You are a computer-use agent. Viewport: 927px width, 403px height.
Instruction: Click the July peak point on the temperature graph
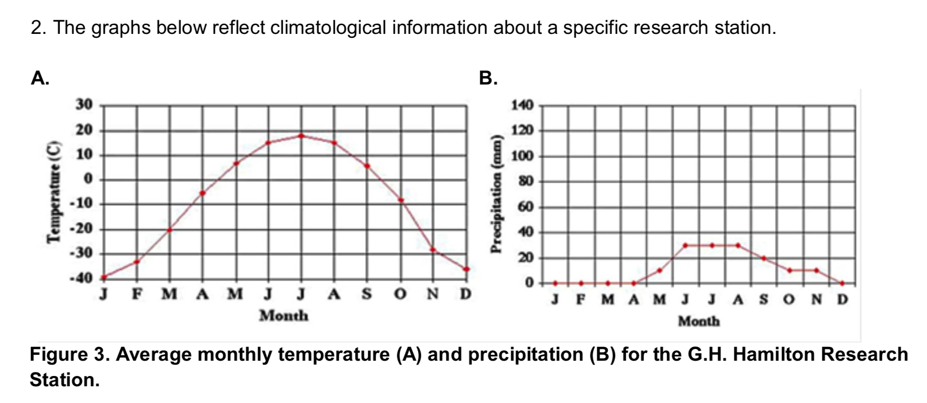tap(301, 136)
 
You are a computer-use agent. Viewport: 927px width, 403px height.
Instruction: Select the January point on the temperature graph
tap(104, 277)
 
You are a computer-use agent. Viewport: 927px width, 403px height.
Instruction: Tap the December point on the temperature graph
tap(466, 269)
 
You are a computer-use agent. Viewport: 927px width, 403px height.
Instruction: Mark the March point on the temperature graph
tap(170, 230)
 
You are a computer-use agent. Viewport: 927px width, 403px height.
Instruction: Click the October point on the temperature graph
tap(401, 200)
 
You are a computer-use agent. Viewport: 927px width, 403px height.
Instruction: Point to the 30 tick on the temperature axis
tap(84, 105)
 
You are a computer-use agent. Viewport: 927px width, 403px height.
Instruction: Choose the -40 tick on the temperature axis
tap(81, 278)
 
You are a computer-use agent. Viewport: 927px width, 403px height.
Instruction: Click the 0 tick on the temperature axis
tap(88, 179)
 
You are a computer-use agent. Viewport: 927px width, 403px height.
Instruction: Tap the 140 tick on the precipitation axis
tap(522, 105)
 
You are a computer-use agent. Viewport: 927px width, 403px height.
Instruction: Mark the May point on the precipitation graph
tap(660, 270)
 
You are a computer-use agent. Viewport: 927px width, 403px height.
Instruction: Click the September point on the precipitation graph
tap(764, 258)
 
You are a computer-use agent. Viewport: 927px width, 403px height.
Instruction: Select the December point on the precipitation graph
tap(842, 283)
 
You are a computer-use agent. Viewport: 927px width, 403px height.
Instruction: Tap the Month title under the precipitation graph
tap(698, 321)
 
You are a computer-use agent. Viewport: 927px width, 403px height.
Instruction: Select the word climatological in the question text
tap(328, 28)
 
